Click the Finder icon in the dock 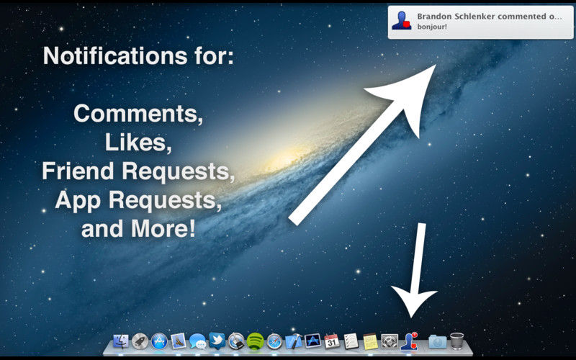(121, 341)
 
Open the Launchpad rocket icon (140, 341)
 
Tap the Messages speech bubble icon (198, 341)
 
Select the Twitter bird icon (217, 340)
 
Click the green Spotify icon (256, 341)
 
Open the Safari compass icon (274, 341)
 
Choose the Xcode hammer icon (294, 341)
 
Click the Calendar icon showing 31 (332, 341)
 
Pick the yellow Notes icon (370, 341)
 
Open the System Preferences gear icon (390, 341)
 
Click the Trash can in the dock (456, 341)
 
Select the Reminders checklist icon (351, 341)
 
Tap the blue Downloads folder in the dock (437, 341)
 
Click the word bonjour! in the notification (432, 27)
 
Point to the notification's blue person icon (402, 20)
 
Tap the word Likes (138, 142)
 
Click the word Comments (138, 113)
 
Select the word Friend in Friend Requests (78, 171)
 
